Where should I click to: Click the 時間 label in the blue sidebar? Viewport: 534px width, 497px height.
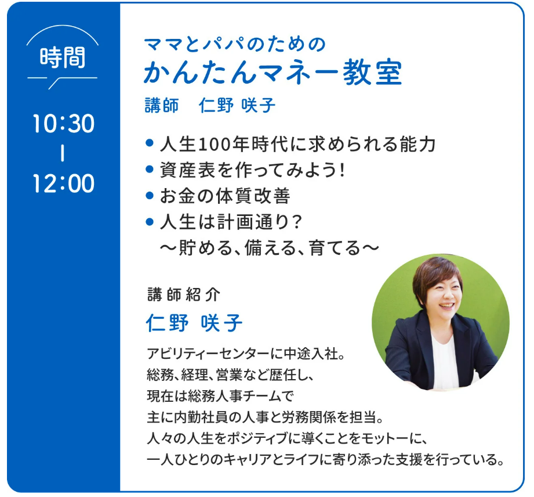(63, 57)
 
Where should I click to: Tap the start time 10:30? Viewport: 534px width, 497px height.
(63, 124)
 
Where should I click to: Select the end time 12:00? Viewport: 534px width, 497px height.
(63, 183)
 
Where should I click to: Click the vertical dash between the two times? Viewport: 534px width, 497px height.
(63, 153)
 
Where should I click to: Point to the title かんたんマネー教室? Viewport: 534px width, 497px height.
(273, 73)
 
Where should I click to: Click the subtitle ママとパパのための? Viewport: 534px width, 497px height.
(235, 45)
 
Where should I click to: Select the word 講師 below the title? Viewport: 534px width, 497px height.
(162, 105)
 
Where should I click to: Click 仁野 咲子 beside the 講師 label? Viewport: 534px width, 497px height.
(237, 105)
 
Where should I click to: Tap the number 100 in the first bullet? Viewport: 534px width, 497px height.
(215, 145)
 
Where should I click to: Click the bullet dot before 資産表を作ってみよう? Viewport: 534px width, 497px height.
(150, 169)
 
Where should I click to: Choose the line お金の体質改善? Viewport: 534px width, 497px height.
(225, 196)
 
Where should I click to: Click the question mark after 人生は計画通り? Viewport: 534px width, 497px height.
(297, 222)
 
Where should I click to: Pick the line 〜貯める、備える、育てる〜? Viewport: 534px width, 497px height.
(270, 248)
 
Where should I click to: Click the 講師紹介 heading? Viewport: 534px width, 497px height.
(184, 295)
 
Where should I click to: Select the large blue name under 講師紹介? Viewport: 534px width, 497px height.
(194, 323)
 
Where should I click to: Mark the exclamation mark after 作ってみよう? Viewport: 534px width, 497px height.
(342, 170)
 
